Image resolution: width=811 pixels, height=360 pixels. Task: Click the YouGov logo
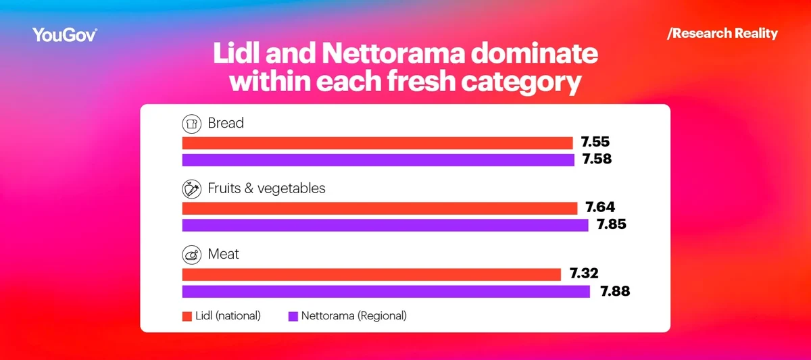point(65,35)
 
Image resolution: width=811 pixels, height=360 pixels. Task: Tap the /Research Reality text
point(722,33)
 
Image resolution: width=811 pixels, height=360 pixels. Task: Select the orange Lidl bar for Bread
point(377,143)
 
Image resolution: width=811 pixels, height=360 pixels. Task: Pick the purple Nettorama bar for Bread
point(378,160)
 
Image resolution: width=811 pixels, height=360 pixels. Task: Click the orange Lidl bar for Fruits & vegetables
point(379,208)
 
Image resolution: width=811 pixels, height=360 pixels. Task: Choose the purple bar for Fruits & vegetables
point(385,225)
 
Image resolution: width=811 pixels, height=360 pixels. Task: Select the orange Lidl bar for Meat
point(371,274)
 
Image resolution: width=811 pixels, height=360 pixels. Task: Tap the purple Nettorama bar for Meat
point(386,291)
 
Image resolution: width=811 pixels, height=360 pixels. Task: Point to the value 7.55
point(595,143)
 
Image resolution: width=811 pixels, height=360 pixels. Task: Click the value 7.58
point(597,160)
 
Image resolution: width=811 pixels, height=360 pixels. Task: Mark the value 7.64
point(600,207)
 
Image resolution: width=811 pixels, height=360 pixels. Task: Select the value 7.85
point(610,225)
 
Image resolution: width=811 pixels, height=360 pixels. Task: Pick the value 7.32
point(584,274)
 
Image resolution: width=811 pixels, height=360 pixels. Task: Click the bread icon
point(192,124)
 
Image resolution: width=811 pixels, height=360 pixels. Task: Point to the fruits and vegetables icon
point(192,188)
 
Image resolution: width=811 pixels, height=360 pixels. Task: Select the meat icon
point(192,255)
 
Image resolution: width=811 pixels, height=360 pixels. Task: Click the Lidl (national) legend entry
point(222,315)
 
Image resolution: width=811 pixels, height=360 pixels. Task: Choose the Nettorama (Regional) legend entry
point(347,315)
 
